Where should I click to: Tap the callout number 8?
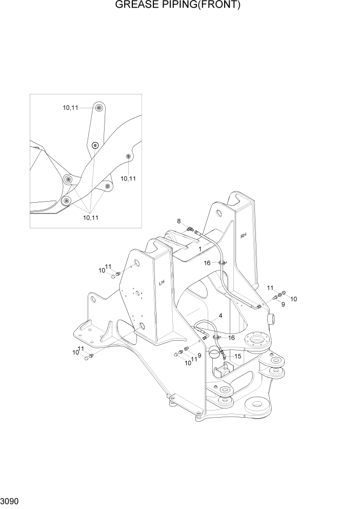pyautogui.click(x=179, y=221)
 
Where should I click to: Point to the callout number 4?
pyautogui.click(x=220, y=316)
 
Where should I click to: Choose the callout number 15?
pyautogui.click(x=237, y=356)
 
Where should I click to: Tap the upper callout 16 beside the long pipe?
pyautogui.click(x=207, y=263)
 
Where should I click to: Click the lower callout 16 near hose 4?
pyautogui.click(x=231, y=338)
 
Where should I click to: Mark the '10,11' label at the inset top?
pyautogui.click(x=71, y=108)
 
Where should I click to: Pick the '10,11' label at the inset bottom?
pyautogui.click(x=91, y=218)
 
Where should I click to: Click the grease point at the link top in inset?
pyautogui.click(x=98, y=108)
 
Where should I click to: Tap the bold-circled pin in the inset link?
pyautogui.click(x=95, y=146)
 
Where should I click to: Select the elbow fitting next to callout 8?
pyautogui.click(x=190, y=229)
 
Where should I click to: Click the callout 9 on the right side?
pyautogui.click(x=283, y=304)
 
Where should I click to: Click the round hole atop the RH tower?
pyautogui.click(x=218, y=212)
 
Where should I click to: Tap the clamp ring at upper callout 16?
pyautogui.click(x=222, y=264)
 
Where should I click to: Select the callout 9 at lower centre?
pyautogui.click(x=199, y=355)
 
